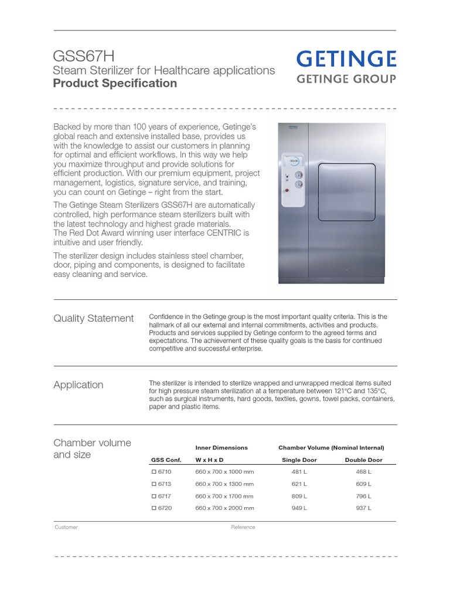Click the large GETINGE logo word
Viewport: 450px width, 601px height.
point(346,59)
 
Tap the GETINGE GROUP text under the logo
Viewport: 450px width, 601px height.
point(346,79)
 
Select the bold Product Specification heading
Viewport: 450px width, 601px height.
point(115,83)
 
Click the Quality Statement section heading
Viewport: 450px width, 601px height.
point(94,319)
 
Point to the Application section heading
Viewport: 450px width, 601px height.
point(79,385)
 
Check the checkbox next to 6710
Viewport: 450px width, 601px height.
point(154,471)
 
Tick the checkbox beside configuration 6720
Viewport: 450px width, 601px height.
point(154,508)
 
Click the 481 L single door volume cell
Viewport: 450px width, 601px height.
point(299,471)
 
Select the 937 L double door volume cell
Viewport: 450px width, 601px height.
point(363,508)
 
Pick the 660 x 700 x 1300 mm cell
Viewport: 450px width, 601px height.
point(224,484)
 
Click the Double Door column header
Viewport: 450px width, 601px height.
point(363,460)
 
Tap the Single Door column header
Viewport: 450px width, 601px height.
point(299,460)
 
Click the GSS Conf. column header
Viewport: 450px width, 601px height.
point(166,460)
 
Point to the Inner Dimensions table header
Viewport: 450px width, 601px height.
point(221,447)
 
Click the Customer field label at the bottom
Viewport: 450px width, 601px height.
point(66,527)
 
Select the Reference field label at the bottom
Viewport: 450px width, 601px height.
point(243,527)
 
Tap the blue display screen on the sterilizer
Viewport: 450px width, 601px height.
point(295,160)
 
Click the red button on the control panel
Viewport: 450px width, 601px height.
point(287,191)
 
